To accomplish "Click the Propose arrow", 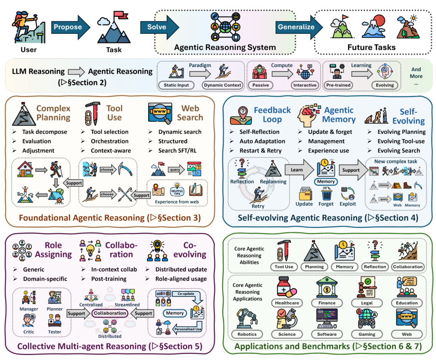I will [x=69, y=27].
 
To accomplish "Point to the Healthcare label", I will [x=287, y=303].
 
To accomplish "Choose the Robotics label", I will [x=247, y=334].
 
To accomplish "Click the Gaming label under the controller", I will [x=367, y=334].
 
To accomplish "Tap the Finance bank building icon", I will [x=327, y=286].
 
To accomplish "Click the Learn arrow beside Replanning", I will [x=298, y=170].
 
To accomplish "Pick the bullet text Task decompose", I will [x=44, y=132].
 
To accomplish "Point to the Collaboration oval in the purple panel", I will [x=110, y=313].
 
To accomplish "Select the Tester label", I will [x=55, y=332].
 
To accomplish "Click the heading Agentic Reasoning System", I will [x=225, y=47].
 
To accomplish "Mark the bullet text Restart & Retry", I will [x=260, y=151].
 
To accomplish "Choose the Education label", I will [x=407, y=303].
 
